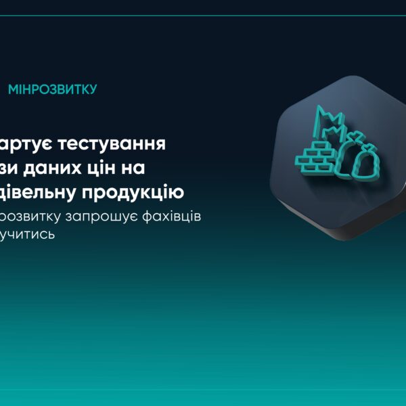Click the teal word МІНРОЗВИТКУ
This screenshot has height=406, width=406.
pyautogui.click(x=52, y=89)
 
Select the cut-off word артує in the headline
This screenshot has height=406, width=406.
pyautogui.click(x=24, y=143)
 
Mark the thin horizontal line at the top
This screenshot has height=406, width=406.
pyautogui.click(x=203, y=15)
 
